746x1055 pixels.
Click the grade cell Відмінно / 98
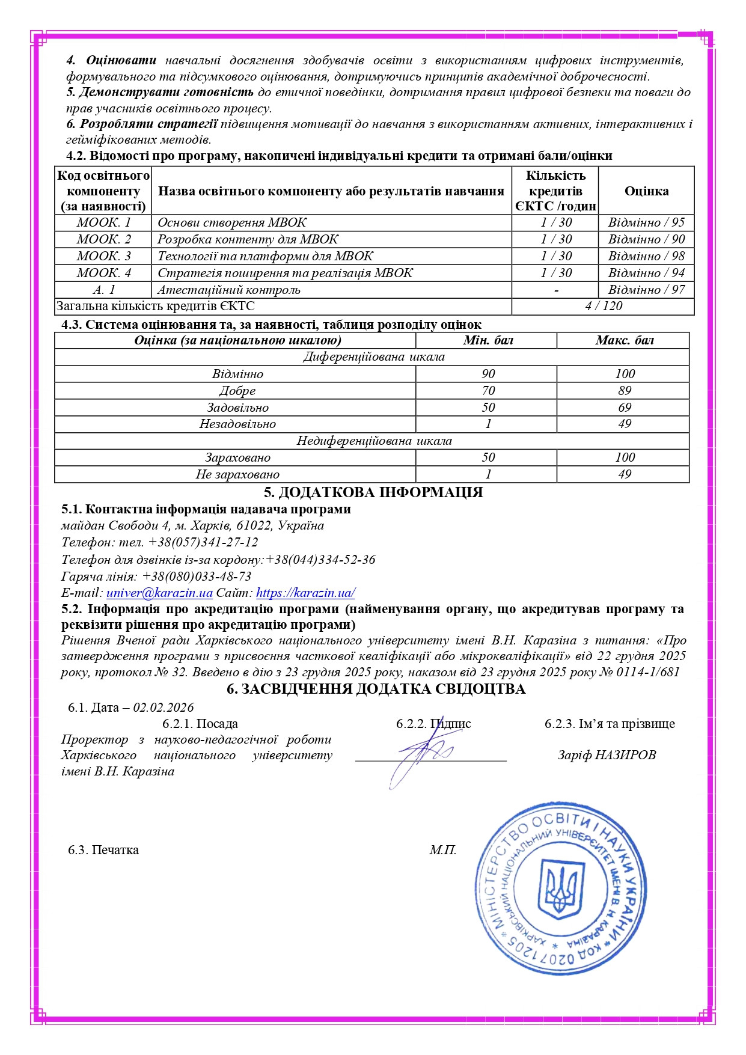tap(646, 256)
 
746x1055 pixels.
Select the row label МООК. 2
tap(103, 239)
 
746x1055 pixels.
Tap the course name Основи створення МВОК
tap(232, 222)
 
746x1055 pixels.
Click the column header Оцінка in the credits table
tap(646, 191)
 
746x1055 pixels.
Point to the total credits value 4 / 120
tap(604, 306)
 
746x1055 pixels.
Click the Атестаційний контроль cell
tap(229, 290)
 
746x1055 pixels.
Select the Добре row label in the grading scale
tap(237, 391)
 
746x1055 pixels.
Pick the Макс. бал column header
tap(624, 340)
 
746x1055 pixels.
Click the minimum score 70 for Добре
tap(488, 391)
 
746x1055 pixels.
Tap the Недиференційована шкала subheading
tap(374, 441)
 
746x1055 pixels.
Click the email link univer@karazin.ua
tap(159, 593)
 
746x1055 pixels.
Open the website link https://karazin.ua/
tap(305, 593)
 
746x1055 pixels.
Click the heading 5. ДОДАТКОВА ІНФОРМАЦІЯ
tap(373, 492)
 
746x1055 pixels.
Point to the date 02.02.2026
tap(164, 708)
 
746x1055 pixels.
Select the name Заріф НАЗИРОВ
tap(607, 755)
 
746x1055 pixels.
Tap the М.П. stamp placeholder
tap(442, 850)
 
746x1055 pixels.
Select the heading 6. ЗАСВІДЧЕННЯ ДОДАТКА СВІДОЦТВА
tap(376, 690)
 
